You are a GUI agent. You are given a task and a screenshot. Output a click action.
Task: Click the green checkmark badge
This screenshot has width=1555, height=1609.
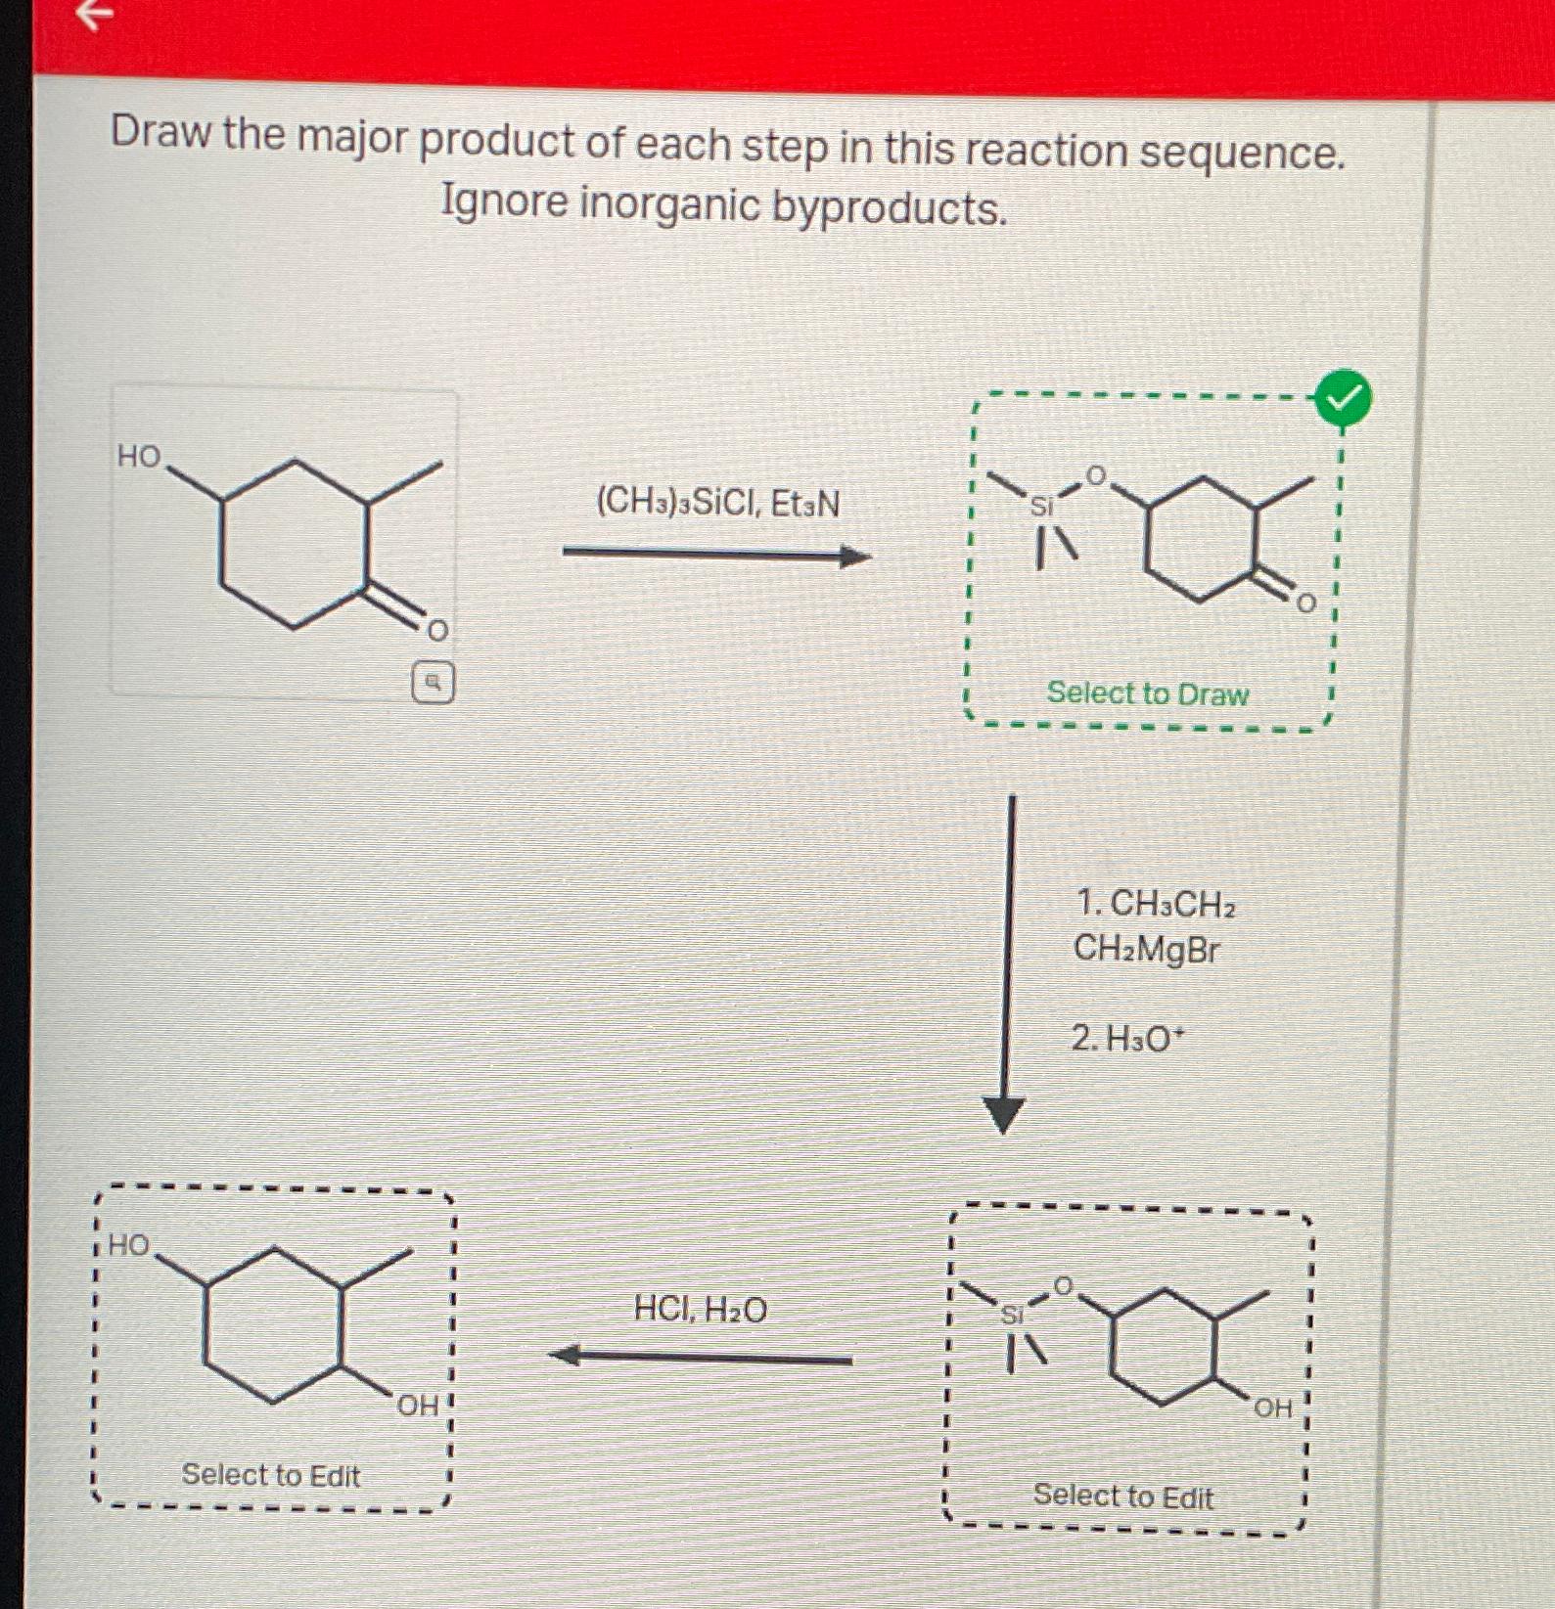[x=1344, y=399]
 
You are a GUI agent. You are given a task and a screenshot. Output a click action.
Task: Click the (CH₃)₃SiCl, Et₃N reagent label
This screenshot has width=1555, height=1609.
[x=717, y=503]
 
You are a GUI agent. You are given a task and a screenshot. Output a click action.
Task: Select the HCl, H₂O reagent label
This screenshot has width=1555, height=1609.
[x=701, y=1308]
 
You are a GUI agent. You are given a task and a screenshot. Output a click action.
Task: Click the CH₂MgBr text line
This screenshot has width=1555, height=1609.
[x=1146, y=949]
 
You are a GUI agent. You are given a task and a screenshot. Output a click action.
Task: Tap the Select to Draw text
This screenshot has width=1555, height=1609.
[x=1147, y=693]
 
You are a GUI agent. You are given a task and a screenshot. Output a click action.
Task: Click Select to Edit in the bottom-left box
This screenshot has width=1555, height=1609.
[x=271, y=1474]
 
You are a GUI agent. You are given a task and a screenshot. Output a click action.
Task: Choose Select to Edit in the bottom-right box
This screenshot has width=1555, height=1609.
[x=1122, y=1496]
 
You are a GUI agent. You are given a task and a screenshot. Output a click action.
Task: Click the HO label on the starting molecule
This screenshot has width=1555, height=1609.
[x=139, y=456]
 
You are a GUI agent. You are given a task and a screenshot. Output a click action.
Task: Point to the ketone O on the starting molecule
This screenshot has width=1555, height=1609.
[x=437, y=630]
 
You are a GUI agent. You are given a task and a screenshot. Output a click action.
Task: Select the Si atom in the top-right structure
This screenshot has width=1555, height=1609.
[x=1042, y=506]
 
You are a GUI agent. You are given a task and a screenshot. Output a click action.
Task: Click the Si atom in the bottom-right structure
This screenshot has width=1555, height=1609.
[x=1012, y=1315]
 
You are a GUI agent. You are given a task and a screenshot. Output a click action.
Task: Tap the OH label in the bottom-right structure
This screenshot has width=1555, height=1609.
[x=1272, y=1408]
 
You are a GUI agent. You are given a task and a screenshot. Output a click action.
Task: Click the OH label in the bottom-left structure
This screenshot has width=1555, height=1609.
[x=418, y=1406]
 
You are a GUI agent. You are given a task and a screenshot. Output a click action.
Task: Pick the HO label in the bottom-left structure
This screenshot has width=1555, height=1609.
[x=128, y=1245]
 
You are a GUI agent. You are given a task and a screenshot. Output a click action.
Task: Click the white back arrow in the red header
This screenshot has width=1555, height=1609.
[x=94, y=14]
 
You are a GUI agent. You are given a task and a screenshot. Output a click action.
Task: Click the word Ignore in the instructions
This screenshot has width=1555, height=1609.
[x=504, y=201]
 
